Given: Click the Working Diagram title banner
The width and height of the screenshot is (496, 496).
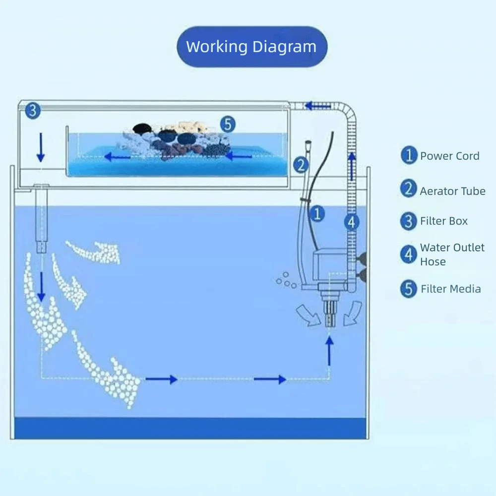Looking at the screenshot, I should click(251, 47).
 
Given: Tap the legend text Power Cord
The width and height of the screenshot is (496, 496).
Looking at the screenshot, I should click(449, 156).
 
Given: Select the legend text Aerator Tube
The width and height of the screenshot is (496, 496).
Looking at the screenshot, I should click(452, 191).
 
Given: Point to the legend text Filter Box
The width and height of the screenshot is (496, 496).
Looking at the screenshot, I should click(443, 221).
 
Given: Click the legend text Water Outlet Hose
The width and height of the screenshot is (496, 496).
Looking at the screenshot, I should click(452, 254).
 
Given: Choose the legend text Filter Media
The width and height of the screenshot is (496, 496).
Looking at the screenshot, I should click(450, 289).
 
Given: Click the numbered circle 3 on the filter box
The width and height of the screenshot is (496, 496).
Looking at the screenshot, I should click(32, 111).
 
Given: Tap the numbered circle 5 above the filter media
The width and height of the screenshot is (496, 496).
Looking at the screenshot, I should click(228, 124).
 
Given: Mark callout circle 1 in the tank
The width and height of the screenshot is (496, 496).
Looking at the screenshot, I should click(317, 214).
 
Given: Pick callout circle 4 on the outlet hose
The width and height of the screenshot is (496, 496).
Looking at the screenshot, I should click(351, 222).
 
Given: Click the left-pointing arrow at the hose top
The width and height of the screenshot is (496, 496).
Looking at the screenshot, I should click(318, 105).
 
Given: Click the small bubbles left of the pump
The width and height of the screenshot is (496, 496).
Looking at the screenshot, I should click(286, 280).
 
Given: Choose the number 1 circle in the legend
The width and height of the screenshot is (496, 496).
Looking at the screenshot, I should click(409, 156).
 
